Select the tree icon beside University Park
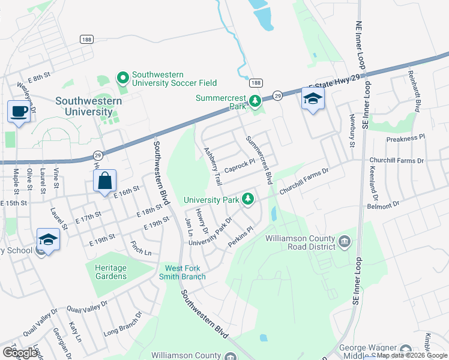pyautogui.click(x=247, y=199)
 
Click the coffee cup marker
pyautogui.click(x=19, y=112)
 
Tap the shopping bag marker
pyautogui.click(x=104, y=181)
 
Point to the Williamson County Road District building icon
pyautogui.click(x=345, y=242)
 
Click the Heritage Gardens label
pyautogui.click(x=110, y=272)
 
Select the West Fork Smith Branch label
pyautogui.click(x=185, y=272)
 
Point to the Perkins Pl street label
pyautogui.click(x=242, y=238)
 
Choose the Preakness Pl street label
pyautogui.click(x=405, y=138)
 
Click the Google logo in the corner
pyautogui.click(x=20, y=352)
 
